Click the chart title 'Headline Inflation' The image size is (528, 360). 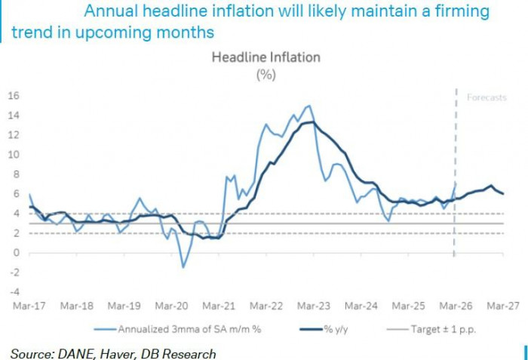tap(266, 57)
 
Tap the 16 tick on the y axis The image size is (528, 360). tap(13, 95)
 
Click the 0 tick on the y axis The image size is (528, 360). tap(16, 252)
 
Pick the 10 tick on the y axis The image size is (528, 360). tap(13, 154)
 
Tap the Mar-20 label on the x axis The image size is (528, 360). tap(171, 306)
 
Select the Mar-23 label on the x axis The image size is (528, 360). tap(313, 306)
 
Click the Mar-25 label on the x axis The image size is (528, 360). tap(408, 306)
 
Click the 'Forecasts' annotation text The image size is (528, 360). tap(487, 98)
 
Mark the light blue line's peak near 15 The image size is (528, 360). tap(308, 106)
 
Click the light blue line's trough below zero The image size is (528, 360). tap(183, 267)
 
